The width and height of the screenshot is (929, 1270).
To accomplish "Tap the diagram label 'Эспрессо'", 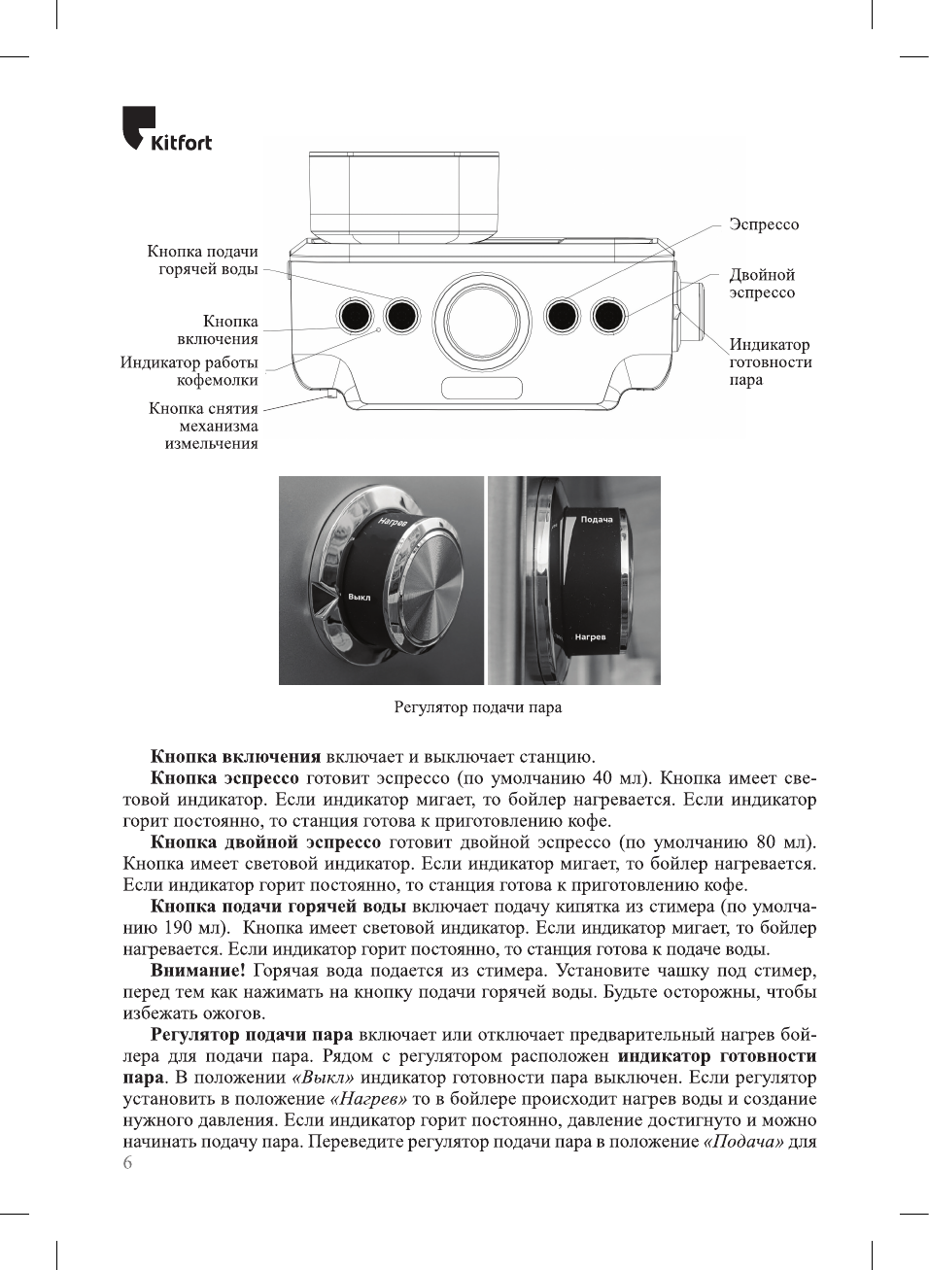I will point(764,224).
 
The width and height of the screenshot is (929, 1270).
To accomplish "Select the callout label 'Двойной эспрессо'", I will point(762,284).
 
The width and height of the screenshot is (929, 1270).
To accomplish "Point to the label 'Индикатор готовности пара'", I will point(770,361).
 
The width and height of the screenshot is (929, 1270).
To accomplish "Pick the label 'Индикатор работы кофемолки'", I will point(189,371).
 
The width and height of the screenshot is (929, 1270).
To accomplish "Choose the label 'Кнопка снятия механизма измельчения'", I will point(204,426).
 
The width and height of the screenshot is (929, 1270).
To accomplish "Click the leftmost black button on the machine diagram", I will point(355,315).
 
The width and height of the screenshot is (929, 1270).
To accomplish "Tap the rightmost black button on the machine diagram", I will point(608,315).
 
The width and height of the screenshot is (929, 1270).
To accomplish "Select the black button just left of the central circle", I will point(401,315).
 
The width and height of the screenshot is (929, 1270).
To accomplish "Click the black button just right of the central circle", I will point(562,315).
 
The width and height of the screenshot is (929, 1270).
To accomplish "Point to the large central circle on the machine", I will point(482,320).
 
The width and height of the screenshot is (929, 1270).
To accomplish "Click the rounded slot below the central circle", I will point(482,389).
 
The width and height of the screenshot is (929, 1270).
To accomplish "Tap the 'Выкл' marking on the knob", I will point(359,598).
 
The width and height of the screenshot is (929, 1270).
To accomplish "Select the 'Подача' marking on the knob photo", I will point(597,520).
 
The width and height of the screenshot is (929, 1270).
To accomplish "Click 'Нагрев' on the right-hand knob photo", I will point(590,637).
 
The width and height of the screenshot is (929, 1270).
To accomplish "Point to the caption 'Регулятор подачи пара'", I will point(478,707).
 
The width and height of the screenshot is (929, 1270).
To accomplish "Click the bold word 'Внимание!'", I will point(198,971).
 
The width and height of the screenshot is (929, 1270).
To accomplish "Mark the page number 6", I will point(127,1163).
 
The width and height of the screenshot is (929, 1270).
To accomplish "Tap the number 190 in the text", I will point(178,928).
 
